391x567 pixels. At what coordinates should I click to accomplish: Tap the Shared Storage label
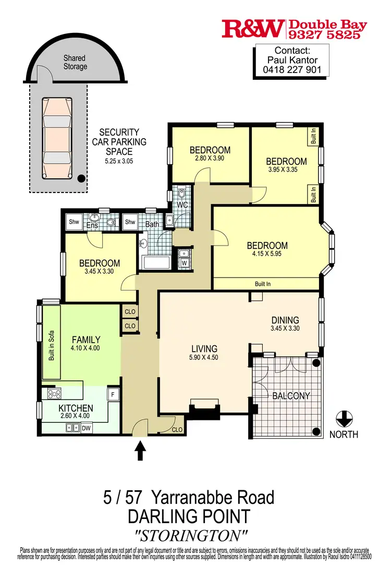pyautogui.click(x=75, y=63)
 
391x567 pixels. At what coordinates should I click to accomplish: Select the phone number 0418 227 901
pyautogui.click(x=292, y=69)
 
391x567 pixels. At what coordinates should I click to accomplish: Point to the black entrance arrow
pyautogui.click(x=140, y=450)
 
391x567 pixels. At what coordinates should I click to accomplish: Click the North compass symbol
pyautogui.click(x=344, y=418)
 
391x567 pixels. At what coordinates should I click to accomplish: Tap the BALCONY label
pyautogui.click(x=291, y=396)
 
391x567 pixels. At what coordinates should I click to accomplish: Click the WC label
pyautogui.click(x=182, y=204)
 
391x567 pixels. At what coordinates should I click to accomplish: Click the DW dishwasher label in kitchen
pyautogui.click(x=87, y=428)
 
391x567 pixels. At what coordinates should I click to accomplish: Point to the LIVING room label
pyautogui.click(x=204, y=349)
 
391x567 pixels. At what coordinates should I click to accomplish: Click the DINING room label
pyautogui.click(x=285, y=320)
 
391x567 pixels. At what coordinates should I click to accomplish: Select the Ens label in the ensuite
pyautogui.click(x=92, y=225)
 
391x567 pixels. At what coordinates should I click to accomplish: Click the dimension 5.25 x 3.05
pyautogui.click(x=119, y=161)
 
